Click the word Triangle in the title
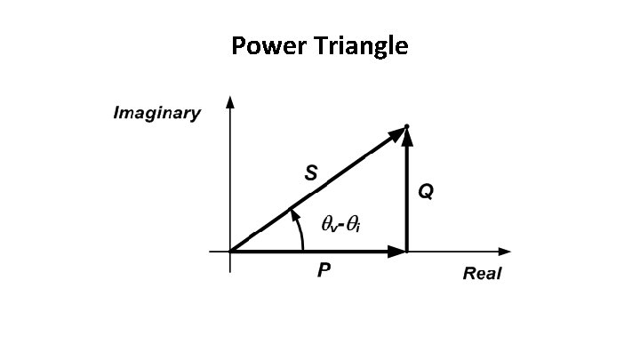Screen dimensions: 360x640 [x=360, y=46]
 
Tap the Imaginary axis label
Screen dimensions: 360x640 [x=156, y=114]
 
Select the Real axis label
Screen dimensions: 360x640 [x=482, y=273]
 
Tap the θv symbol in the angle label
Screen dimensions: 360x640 [x=329, y=226]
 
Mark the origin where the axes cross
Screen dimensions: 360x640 [x=230, y=252]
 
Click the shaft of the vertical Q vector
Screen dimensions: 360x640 [x=406, y=200]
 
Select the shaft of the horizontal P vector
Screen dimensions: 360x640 [x=311, y=252]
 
